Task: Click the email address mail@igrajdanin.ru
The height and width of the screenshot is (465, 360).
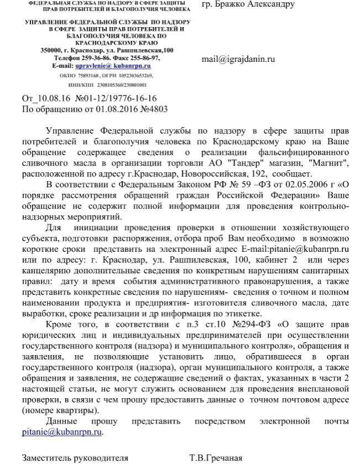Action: click(238, 59)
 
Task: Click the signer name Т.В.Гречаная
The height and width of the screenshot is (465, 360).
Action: click(215, 458)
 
